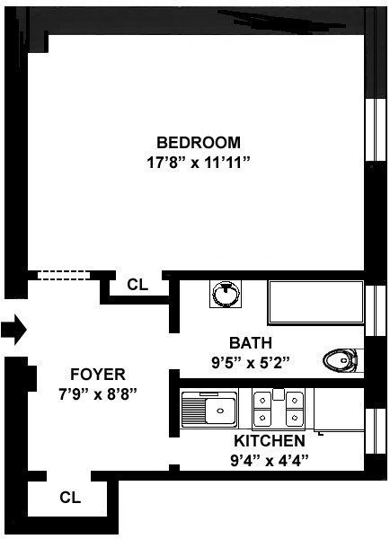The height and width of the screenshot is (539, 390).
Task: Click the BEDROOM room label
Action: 199,142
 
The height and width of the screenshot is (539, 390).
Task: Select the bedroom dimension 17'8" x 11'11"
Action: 199,163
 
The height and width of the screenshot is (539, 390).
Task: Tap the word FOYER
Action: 98,374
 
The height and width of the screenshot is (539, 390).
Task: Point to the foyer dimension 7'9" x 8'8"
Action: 98,393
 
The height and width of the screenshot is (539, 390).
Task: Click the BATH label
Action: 250,343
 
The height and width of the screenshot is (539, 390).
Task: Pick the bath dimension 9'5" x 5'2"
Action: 250,363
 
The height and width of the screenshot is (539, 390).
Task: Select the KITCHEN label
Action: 269,441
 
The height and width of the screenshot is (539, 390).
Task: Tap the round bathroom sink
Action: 224,294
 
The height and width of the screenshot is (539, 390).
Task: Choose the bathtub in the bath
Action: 315,302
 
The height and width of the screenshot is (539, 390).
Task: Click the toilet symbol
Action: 341,360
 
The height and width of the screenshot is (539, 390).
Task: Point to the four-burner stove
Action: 278,408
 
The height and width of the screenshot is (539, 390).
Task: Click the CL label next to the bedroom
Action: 137,285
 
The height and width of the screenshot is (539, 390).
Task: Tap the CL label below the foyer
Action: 69,496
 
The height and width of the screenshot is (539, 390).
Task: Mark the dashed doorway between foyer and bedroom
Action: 58,276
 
